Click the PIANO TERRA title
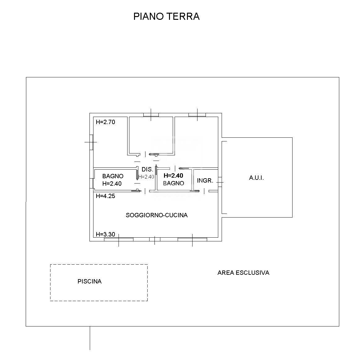pyautogui.click(x=166, y=16)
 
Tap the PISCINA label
pyautogui.click(x=89, y=281)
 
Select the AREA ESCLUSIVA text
pyautogui.click(x=243, y=273)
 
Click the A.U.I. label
pyautogui.click(x=256, y=178)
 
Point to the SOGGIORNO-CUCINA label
pyautogui.click(x=157, y=215)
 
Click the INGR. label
pyautogui.click(x=205, y=180)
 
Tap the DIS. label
pyautogui.click(x=147, y=170)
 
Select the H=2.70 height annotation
pyautogui.click(x=105, y=122)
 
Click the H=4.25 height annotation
pyautogui.click(x=105, y=196)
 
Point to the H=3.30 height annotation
pyautogui.click(x=105, y=234)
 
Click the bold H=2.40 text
pyautogui.click(x=173, y=175)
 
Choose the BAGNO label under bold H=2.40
pyautogui.click(x=173, y=183)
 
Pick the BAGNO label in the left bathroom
pyautogui.click(x=113, y=176)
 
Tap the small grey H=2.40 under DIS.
pyautogui.click(x=146, y=177)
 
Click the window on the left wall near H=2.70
pyautogui.click(x=91, y=142)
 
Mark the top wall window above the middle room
pyautogui.click(x=151, y=115)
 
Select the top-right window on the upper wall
pyautogui.click(x=197, y=115)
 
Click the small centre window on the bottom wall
pyautogui.click(x=155, y=239)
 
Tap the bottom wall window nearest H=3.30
pyautogui.click(x=119, y=239)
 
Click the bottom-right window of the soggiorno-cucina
pyautogui.click(x=192, y=239)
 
